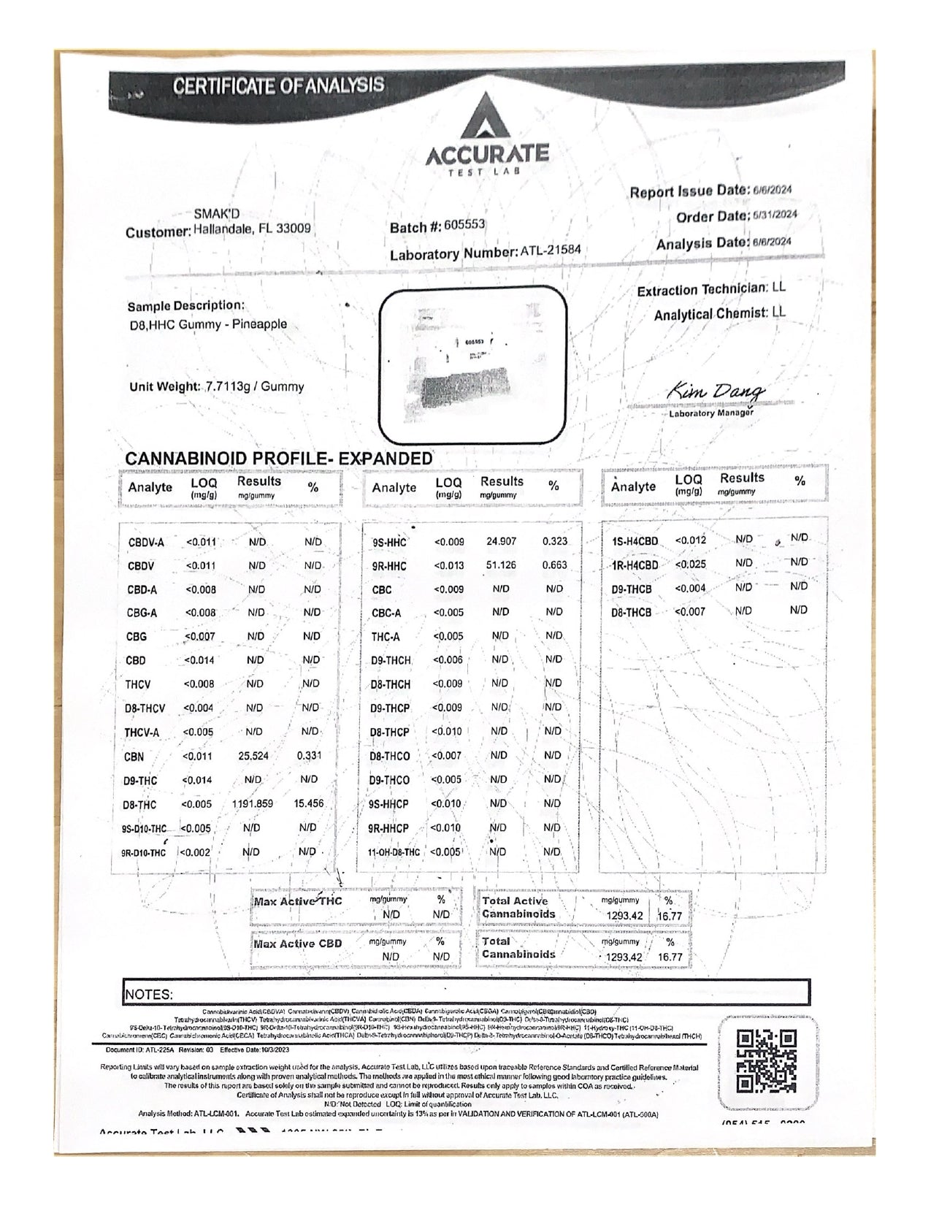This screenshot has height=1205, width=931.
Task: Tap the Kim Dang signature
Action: [x=716, y=393]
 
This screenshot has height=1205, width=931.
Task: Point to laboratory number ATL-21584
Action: [x=550, y=250]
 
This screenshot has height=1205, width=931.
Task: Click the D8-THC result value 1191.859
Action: [x=253, y=803]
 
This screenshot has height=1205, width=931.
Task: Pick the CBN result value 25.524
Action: [x=254, y=756]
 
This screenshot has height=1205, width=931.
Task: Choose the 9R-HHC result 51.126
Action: [x=501, y=565]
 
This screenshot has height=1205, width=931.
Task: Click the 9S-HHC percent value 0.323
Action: [x=555, y=541]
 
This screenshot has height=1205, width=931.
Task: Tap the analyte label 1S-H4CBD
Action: [x=635, y=541]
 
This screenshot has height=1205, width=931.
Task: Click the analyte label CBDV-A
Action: [x=146, y=543]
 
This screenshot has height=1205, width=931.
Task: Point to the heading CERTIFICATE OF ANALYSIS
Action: [x=278, y=85]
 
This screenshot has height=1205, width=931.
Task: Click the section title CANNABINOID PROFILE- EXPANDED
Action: [x=279, y=459]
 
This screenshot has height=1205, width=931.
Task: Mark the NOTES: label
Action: [x=149, y=994]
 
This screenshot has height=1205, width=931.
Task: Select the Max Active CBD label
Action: [x=298, y=944]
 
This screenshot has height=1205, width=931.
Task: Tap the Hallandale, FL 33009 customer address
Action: [x=252, y=229]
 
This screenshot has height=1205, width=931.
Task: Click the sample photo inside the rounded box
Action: [x=473, y=365]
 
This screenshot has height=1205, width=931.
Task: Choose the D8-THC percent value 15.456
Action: [x=308, y=803]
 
